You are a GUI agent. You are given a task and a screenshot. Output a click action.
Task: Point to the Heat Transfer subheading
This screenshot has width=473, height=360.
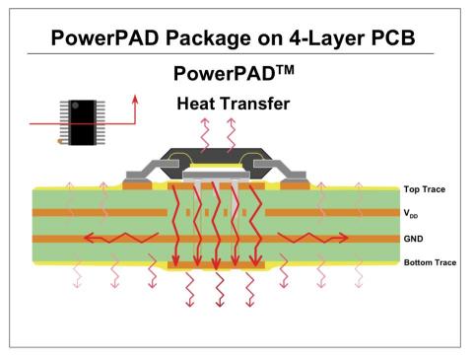click(232, 104)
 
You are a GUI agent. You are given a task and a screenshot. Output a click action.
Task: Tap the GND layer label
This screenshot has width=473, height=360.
click(415, 239)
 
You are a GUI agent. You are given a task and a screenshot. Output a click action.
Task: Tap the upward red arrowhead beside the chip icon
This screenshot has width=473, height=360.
click(135, 99)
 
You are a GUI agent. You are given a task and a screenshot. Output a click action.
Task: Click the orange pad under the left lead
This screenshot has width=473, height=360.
click(138, 183)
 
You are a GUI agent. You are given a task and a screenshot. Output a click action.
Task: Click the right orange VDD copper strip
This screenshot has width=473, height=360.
click(330, 213)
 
